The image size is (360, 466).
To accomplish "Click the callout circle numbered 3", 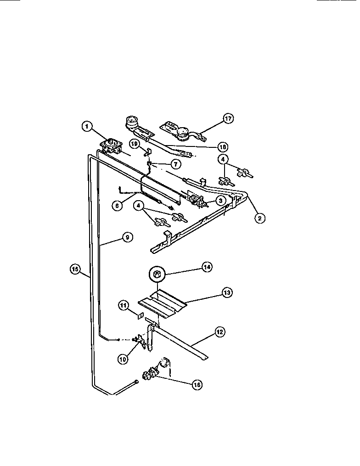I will click(220, 200).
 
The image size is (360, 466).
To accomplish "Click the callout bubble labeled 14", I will click(206, 267).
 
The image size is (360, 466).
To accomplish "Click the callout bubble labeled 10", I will click(122, 359).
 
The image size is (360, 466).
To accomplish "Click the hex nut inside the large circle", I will click(157, 275).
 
